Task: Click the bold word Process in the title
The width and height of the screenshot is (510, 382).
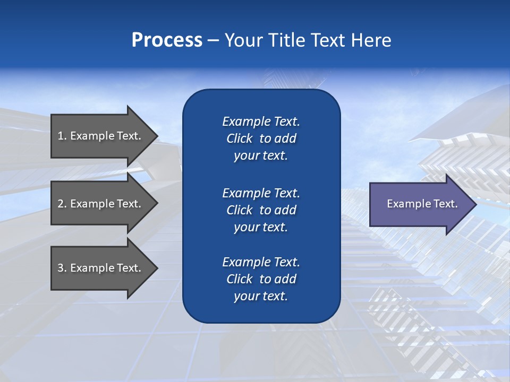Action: point(167,40)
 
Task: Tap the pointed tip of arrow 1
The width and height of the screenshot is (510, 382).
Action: point(156,136)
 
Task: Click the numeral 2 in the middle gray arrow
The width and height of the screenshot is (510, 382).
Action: point(61,204)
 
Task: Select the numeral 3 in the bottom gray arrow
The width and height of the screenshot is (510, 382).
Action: point(61,268)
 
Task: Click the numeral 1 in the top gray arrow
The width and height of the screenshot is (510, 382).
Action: point(60,136)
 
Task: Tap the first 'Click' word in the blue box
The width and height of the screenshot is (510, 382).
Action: point(240,139)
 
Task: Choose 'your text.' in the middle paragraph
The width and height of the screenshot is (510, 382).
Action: point(261,227)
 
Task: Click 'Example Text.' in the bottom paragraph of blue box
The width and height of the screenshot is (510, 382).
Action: point(261,262)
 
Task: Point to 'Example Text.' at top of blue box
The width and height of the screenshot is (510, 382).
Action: point(261,121)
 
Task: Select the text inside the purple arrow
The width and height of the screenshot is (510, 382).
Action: point(422,204)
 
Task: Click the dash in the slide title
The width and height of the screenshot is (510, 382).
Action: point(214,40)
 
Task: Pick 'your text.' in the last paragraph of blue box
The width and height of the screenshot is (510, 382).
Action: point(261,297)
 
